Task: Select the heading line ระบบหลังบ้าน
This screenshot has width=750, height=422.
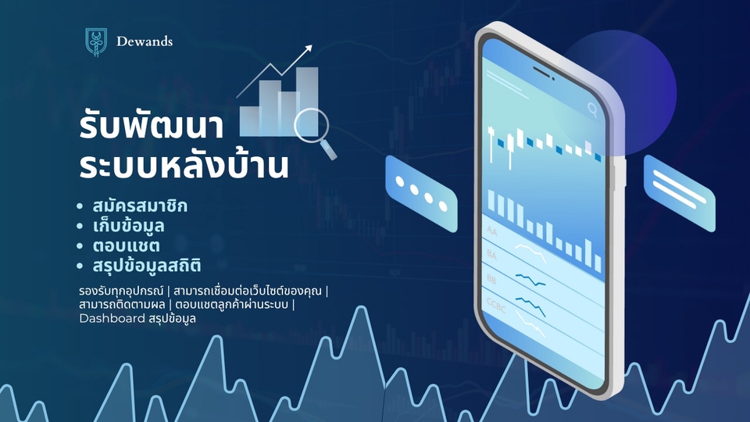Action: pos(184,167)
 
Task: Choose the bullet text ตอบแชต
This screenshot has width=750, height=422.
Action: pos(126,246)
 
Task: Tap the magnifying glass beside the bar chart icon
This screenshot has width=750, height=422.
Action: pos(313,129)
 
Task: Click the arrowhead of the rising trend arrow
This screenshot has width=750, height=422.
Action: pos(308,48)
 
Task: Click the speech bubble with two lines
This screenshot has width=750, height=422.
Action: pos(678,192)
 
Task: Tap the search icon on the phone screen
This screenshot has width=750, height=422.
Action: pos(592,109)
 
